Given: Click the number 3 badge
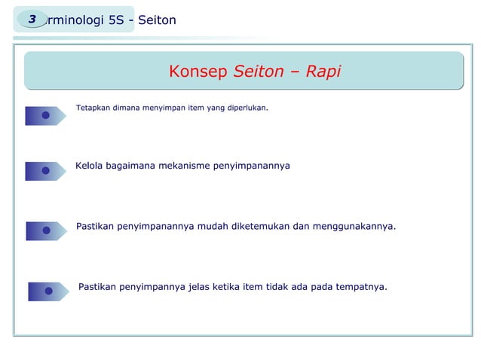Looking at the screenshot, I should (32, 20).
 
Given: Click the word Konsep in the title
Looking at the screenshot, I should (198, 72).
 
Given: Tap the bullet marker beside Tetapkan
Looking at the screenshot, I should (45, 115).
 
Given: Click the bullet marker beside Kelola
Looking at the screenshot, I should (45, 171).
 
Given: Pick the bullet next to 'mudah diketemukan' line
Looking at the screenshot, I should (46, 230).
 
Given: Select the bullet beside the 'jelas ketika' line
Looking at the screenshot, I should (48, 291).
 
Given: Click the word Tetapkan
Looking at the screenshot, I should (93, 108).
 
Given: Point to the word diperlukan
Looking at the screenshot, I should (247, 108).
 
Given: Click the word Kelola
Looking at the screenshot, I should (90, 165).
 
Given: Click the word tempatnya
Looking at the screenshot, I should (358, 286).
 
